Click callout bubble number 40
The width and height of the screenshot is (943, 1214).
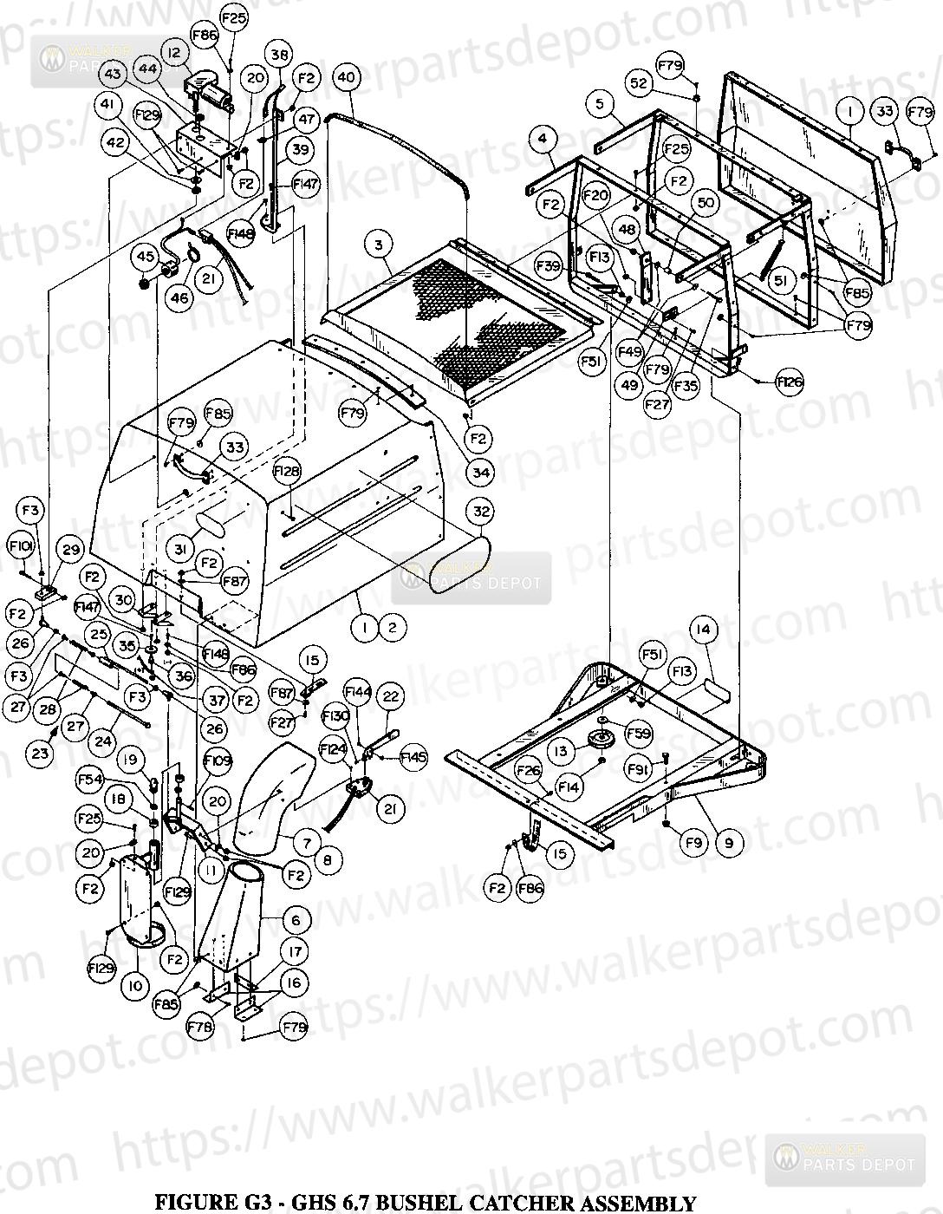pos(346,77)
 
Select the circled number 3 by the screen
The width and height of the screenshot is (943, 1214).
pos(379,245)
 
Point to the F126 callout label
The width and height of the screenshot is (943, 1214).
pos(790,381)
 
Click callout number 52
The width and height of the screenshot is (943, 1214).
pos(639,83)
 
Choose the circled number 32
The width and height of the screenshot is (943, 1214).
pos(482,512)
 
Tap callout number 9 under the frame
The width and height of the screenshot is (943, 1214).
pos(728,841)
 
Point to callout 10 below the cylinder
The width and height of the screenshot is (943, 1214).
pos(134,986)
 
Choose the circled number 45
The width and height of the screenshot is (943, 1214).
pos(146,256)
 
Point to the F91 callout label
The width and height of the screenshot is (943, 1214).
pos(640,769)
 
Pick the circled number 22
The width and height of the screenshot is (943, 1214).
pos(391,696)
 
